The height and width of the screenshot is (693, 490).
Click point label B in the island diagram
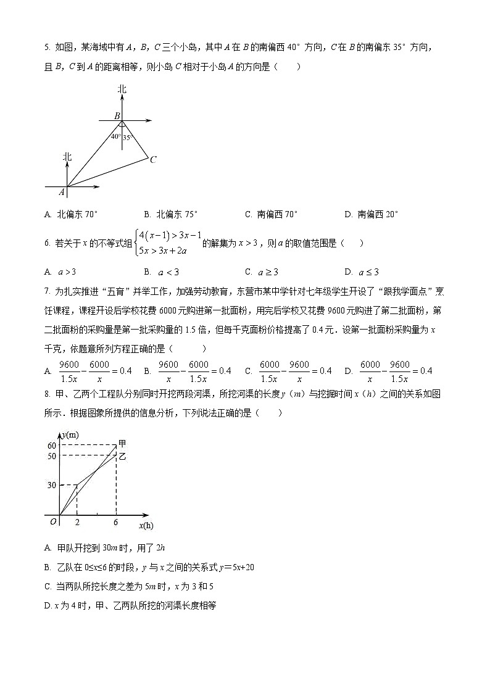tap(117, 115)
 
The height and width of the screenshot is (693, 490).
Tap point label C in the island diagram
tap(152, 159)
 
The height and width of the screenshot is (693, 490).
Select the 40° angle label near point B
tap(115, 136)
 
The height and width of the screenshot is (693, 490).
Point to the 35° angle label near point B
tap(128, 138)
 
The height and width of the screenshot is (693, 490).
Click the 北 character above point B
tap(122, 89)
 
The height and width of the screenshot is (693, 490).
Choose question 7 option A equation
tap(88, 371)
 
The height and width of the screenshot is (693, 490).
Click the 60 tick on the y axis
tap(52, 446)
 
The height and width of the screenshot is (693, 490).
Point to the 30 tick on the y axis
tap(52, 486)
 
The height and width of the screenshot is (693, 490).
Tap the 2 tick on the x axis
tap(77, 522)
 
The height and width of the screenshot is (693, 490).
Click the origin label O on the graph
tap(54, 522)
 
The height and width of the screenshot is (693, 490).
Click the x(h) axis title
tap(146, 526)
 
